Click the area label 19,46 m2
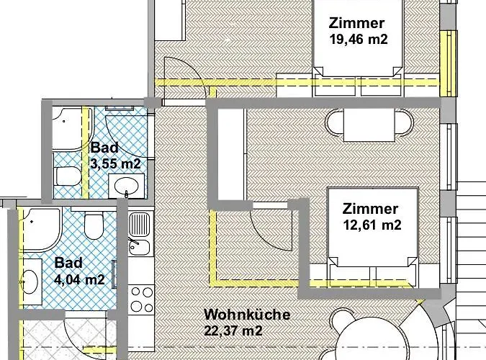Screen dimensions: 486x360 (359, 40)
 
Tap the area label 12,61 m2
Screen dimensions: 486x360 (372, 225)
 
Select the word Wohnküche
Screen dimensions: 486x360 (247, 315)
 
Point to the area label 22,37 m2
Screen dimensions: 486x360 (233, 330)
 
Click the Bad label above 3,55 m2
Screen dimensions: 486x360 (104, 148)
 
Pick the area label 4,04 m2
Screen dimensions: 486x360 (79, 279)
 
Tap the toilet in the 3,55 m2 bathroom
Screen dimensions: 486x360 (68, 176)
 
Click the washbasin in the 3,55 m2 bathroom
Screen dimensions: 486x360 (127, 186)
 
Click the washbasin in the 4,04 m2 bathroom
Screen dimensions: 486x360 (30, 282)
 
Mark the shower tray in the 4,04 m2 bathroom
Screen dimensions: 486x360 (40, 230)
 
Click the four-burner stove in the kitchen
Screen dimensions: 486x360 (141, 300)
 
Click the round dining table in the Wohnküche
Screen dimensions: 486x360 (369, 340)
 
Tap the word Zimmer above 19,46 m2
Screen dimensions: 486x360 (356, 23)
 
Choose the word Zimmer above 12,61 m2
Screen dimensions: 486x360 (370, 209)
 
